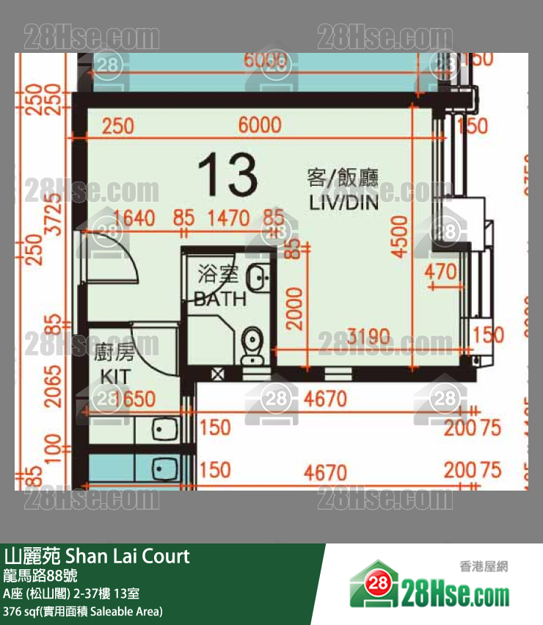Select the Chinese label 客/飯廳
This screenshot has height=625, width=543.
[342, 177]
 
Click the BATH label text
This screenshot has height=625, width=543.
[220, 299]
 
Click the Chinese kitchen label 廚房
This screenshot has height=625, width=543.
[114, 354]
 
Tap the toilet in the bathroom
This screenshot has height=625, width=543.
[251, 344]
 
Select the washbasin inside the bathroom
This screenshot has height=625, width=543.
[258, 277]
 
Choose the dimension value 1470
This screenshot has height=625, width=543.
[229, 218]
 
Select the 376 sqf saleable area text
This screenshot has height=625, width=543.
[83, 611]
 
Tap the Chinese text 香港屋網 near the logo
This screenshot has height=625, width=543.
[484, 566]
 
